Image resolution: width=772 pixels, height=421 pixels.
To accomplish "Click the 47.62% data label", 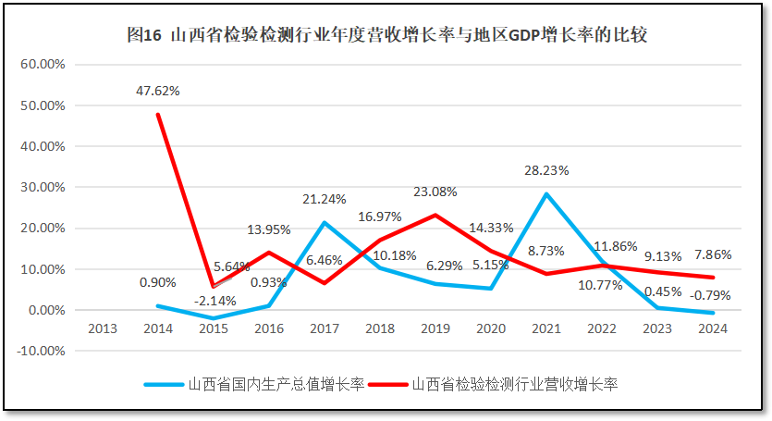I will (x=158, y=91).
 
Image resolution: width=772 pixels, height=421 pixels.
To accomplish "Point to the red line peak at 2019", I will (x=435, y=215).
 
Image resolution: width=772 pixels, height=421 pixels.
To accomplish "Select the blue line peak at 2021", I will (x=546, y=194).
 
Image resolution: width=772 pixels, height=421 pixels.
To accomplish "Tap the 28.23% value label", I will (x=546, y=170).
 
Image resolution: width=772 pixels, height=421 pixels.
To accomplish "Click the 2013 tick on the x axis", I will (x=103, y=328).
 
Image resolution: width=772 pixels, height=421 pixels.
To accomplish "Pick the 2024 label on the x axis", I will (x=713, y=328).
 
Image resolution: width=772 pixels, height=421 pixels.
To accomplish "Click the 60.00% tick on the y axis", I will (x=43, y=65).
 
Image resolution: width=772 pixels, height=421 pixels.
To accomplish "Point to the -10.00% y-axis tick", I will (x=41, y=351).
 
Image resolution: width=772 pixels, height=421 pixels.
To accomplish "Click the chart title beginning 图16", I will (x=386, y=35).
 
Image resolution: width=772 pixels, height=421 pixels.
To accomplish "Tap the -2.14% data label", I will (x=214, y=300).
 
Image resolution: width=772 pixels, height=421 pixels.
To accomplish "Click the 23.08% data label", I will (x=435, y=192).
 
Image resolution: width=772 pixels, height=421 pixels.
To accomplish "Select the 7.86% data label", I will (x=713, y=254).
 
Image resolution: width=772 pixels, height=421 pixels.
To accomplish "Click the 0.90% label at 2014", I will (x=158, y=282).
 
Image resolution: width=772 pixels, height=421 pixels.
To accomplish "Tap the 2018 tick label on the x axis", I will (x=380, y=328).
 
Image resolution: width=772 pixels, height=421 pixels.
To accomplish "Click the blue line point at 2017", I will (x=325, y=222).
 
